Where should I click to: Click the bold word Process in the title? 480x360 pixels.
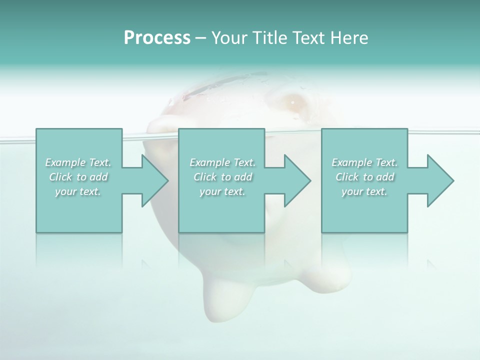click(x=157, y=38)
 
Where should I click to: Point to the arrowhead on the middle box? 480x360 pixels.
click(x=296, y=180)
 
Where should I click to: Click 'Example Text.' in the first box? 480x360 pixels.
click(x=78, y=162)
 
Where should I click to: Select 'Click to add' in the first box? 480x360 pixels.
click(x=78, y=177)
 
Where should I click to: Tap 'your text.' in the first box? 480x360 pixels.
click(x=78, y=191)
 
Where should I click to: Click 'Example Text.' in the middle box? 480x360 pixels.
click(x=222, y=162)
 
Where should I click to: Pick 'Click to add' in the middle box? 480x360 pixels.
click(x=222, y=177)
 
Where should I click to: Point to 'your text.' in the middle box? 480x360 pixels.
click(x=222, y=191)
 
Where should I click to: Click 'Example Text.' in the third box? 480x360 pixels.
click(x=364, y=162)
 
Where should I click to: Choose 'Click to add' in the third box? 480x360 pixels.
click(x=364, y=177)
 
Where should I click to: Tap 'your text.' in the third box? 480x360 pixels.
click(x=364, y=191)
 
